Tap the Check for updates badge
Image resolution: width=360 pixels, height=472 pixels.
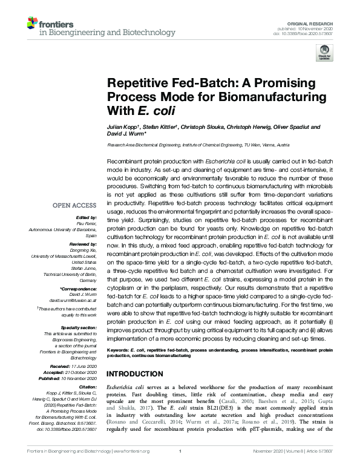(324, 53)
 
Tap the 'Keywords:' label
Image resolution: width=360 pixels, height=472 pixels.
(119, 350)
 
